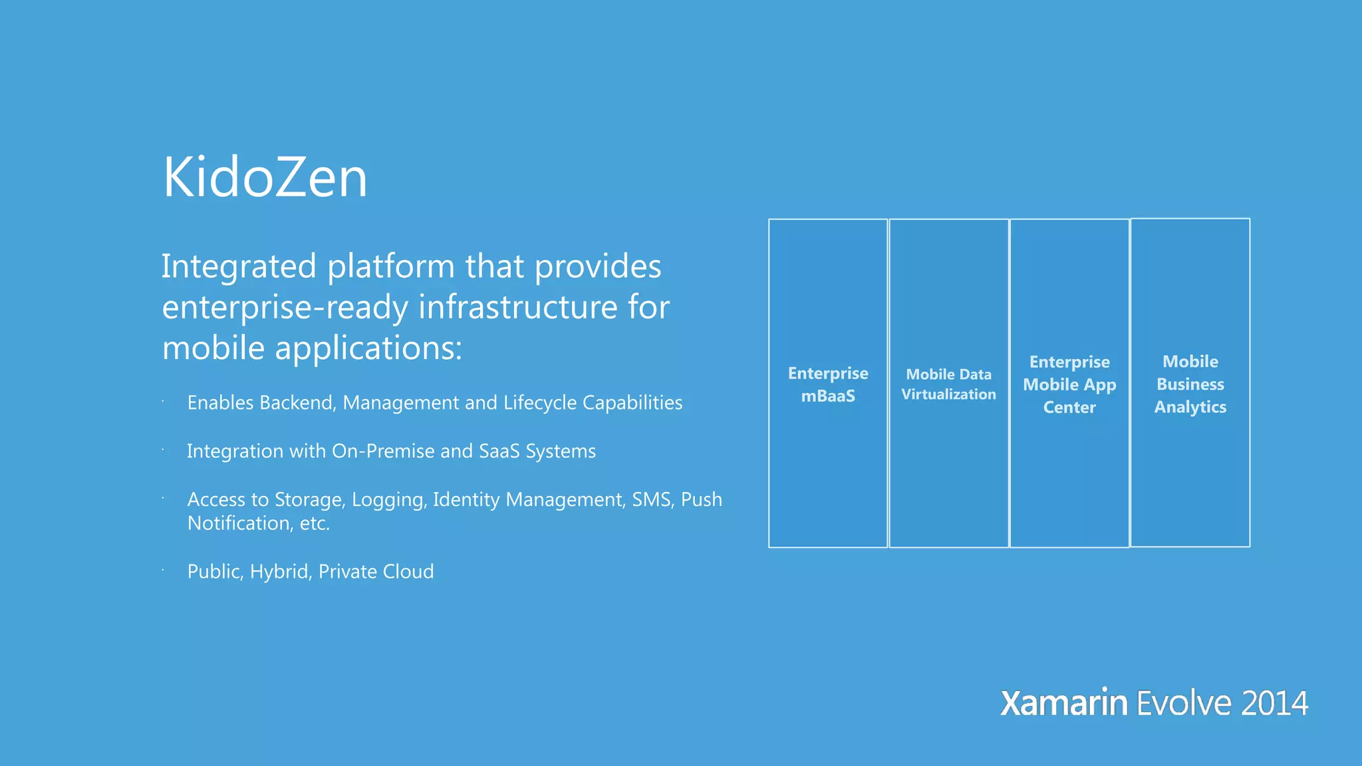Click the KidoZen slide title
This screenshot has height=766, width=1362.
265,178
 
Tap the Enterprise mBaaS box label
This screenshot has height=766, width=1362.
828,384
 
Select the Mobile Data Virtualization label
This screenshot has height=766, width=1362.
948,384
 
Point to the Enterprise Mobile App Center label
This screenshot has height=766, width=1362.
1069,384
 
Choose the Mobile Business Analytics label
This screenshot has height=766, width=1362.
1190,384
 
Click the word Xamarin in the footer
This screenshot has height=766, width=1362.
1063,703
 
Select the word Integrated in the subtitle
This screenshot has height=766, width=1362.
239,267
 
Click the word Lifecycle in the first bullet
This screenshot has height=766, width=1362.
539,403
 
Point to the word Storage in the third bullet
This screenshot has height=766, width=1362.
310,500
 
